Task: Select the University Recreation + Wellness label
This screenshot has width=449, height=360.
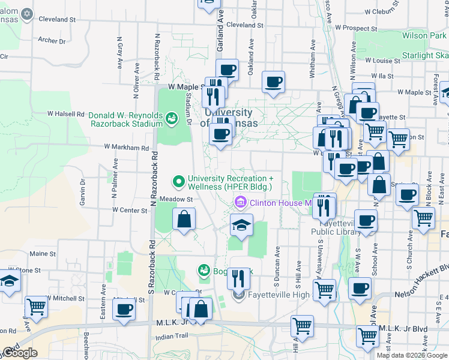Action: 231,182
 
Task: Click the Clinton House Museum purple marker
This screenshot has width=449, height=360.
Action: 241,202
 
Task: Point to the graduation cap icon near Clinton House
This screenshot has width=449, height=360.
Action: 241,226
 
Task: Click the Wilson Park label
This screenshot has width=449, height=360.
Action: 423,36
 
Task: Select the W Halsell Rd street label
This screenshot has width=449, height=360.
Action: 65,113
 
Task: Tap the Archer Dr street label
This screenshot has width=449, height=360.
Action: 52,41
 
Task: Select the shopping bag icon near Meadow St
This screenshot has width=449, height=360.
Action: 184,220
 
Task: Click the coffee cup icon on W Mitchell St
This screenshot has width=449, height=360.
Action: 124,310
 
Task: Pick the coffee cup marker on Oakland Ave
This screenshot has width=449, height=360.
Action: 273,82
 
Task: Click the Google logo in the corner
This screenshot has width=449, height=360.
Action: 20,353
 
